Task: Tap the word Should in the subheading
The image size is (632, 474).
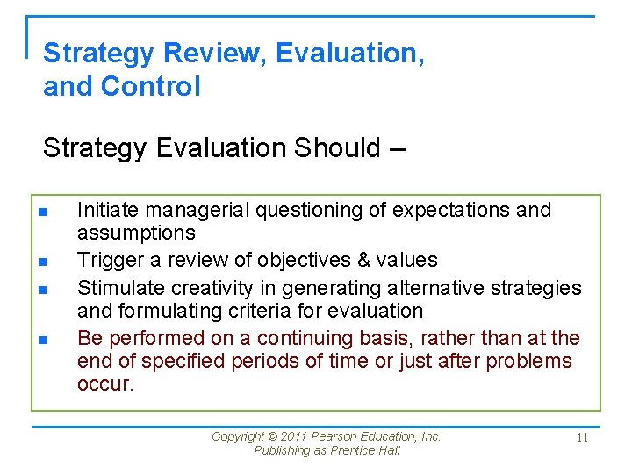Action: pos(336,147)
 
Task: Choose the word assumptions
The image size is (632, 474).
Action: pos(136,233)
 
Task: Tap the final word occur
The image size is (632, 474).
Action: pos(105,384)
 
